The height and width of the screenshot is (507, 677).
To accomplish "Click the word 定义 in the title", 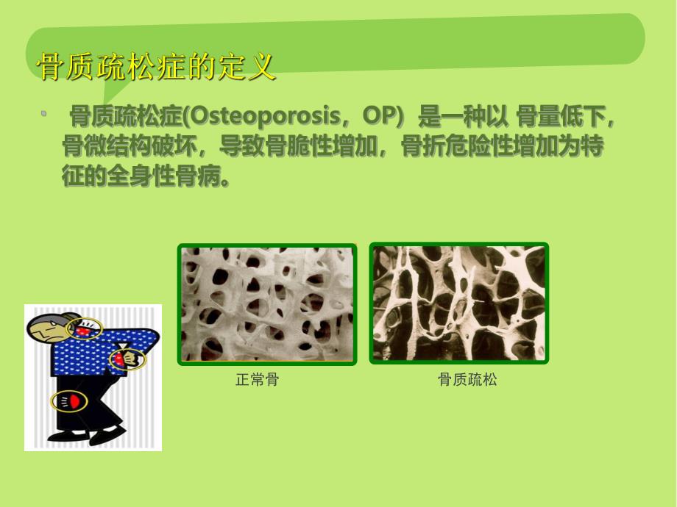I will [249, 68].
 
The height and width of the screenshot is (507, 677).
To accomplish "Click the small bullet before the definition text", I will [44, 113].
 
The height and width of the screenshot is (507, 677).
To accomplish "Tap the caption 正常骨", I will [257, 380].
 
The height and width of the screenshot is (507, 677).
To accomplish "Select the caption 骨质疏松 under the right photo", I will [467, 380].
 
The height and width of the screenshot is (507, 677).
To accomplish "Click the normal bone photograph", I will [266, 304].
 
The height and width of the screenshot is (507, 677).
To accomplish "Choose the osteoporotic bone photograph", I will [459, 304].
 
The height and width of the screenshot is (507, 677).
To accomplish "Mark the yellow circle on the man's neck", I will [86, 328].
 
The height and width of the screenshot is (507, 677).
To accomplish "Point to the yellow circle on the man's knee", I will [68, 401].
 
